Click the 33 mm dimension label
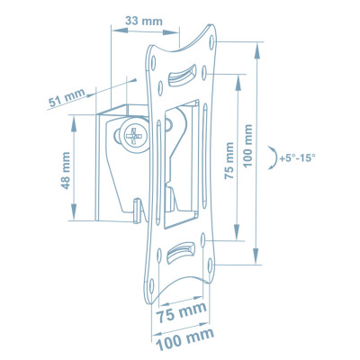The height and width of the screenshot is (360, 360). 144,22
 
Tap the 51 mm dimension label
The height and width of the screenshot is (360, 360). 67,98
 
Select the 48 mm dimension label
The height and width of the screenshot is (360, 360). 66,170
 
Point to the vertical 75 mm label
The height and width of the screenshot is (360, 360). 229,160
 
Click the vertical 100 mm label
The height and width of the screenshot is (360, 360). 247,146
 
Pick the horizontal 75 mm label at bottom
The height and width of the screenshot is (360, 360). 182,311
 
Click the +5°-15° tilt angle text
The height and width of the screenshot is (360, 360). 297,158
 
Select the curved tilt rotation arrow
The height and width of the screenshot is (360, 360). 274,158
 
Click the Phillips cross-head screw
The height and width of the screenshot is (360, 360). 135,136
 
